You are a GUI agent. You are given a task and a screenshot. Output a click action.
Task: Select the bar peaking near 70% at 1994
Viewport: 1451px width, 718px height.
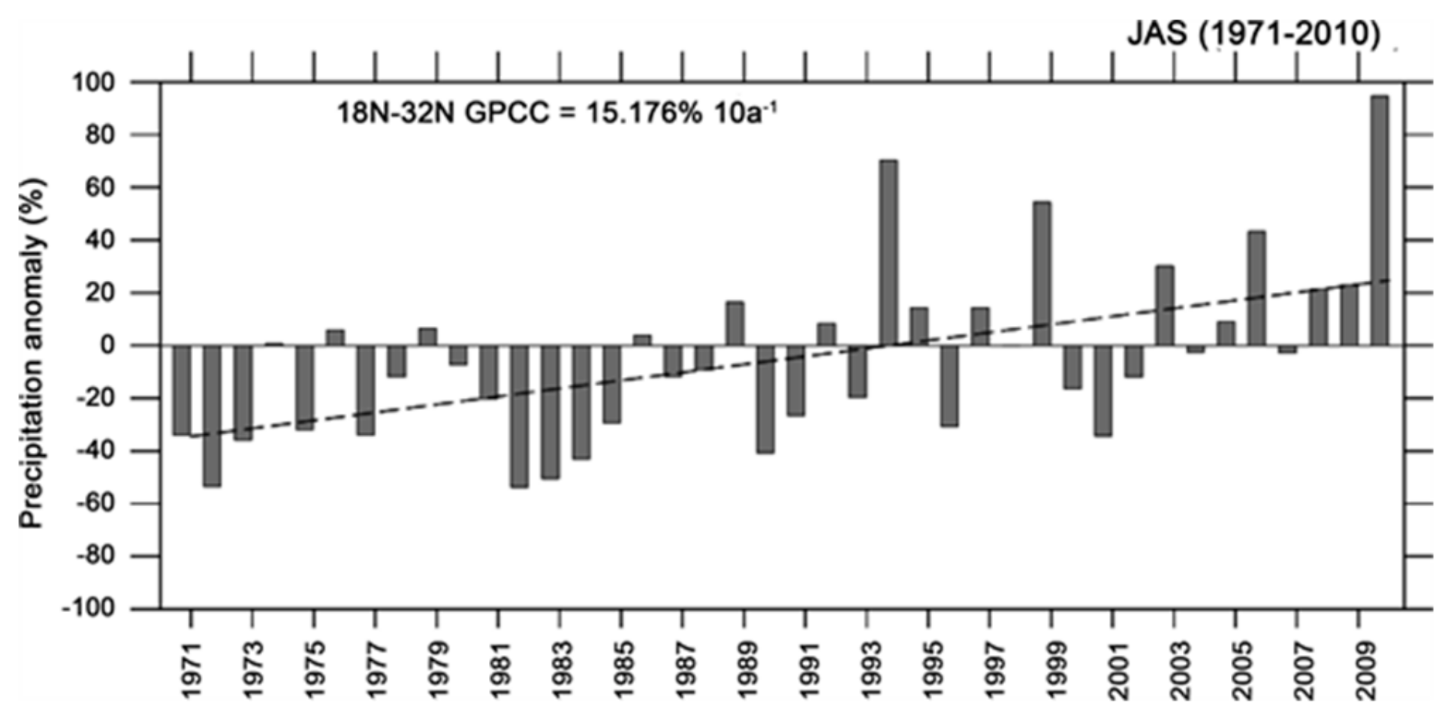[888, 252]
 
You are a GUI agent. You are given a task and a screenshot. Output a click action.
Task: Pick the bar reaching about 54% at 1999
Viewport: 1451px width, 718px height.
[1042, 273]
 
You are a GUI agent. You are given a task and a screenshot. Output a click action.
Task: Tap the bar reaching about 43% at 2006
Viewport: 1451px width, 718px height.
[1256, 288]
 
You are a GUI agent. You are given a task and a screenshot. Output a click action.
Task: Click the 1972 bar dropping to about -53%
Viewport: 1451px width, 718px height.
[212, 415]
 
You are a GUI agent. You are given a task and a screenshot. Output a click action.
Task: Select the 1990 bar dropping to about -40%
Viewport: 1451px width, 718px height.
[765, 399]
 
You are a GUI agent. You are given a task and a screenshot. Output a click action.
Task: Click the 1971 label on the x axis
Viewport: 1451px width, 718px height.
[192, 669]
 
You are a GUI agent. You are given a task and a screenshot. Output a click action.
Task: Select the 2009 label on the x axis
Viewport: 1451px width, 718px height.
[1359, 669]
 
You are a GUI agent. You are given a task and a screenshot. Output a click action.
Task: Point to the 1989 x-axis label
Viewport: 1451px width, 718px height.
[744, 669]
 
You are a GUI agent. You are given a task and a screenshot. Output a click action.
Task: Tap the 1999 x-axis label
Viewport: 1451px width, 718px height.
[1051, 669]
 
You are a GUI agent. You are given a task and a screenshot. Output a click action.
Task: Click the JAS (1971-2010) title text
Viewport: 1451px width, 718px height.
[1253, 34]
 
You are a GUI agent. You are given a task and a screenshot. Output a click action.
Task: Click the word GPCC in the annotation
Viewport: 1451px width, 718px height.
[508, 114]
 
